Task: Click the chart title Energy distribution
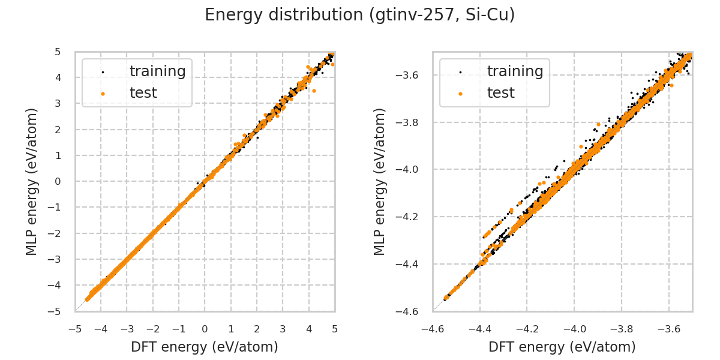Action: tap(359, 15)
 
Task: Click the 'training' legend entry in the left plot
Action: tap(157, 71)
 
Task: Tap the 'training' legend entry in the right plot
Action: tap(515, 71)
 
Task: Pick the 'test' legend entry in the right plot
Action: tap(500, 93)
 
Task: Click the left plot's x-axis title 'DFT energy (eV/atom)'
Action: tap(205, 347)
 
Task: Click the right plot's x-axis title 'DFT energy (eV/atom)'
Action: tap(562, 347)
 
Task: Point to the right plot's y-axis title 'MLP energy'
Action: tap(380, 181)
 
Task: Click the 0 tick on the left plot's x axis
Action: tap(205, 329)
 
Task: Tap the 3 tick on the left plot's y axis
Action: tap(59, 103)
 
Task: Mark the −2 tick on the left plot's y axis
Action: tap(56, 233)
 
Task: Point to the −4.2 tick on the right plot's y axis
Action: tap(409, 217)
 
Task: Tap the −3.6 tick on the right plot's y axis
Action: tap(409, 75)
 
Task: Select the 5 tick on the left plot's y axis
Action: tap(59, 52)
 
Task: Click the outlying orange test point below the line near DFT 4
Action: tap(314, 91)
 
